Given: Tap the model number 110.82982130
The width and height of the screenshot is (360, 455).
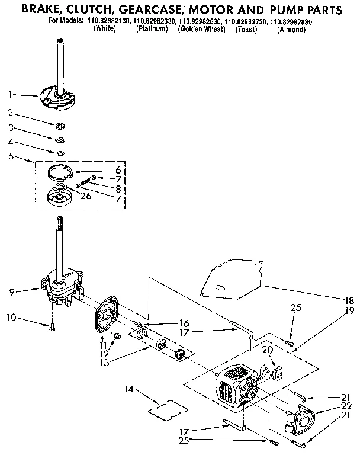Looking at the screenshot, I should [110, 21].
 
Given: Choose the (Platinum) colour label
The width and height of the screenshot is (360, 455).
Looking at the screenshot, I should [152, 29].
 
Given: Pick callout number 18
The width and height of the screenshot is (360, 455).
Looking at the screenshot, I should [350, 300].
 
